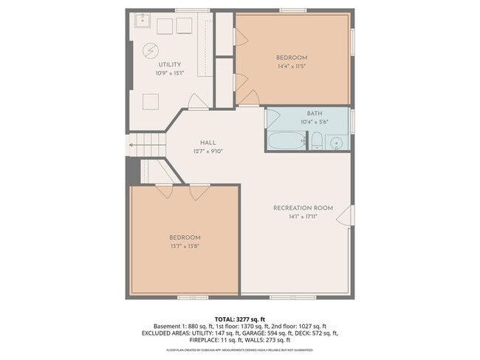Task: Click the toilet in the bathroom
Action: pyautogui.click(x=315, y=141)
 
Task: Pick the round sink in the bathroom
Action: pyautogui.click(x=336, y=142)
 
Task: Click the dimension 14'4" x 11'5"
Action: pyautogui.click(x=292, y=66)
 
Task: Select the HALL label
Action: pyautogui.click(x=208, y=143)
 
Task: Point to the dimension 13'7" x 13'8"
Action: pyautogui.click(x=185, y=245)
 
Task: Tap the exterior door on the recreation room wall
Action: pyautogui.click(x=351, y=216)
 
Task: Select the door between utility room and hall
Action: pyautogui.click(x=197, y=103)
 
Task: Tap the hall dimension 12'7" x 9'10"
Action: pyautogui.click(x=208, y=151)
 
